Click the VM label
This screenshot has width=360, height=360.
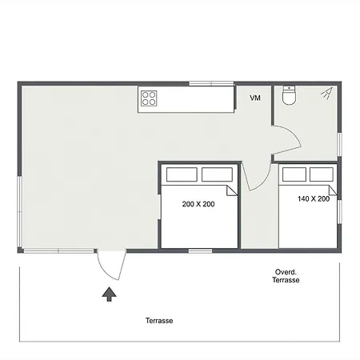255,98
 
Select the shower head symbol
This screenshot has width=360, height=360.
327,93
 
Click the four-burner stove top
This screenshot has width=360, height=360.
149,98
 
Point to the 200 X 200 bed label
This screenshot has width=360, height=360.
198,204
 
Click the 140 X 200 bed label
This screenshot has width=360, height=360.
314,198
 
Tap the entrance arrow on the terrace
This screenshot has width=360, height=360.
109,294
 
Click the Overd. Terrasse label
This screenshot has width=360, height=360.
286,276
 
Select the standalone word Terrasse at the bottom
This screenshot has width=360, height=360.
159,321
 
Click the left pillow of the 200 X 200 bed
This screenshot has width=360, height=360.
182,174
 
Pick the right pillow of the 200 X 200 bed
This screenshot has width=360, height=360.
217,174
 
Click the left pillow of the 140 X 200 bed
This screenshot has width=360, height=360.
294,174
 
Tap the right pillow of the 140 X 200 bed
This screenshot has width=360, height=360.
322,174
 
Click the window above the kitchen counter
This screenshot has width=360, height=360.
211,83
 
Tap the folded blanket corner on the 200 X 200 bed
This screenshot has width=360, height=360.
232,190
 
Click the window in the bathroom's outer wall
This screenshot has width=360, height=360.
339,144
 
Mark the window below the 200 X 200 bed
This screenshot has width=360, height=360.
200,250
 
